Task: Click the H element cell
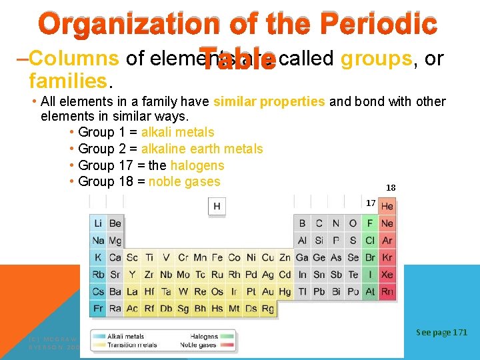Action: [217, 207]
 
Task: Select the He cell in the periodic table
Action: [387, 207]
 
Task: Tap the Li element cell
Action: [98, 223]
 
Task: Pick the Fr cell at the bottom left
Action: [98, 309]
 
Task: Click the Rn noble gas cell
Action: [387, 291]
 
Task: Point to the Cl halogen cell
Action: [371, 241]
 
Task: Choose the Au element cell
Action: [268, 291]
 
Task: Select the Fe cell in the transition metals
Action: [217, 257]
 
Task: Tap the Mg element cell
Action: [115, 241]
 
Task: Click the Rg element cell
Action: [268, 309]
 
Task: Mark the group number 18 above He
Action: [391, 188]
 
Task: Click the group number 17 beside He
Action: [371, 203]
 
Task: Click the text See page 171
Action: [441, 332]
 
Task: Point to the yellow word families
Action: [67, 81]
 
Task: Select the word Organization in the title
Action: [127, 25]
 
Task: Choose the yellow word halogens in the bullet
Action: [197, 165]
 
